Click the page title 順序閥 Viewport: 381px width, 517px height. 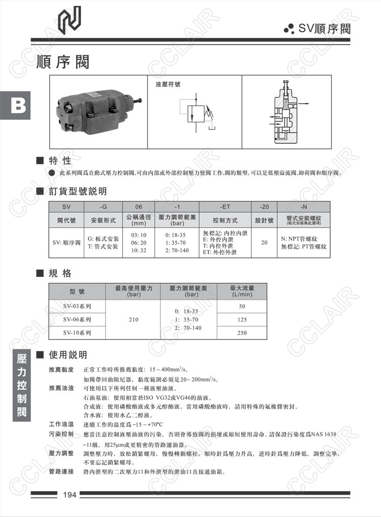[x=62, y=62]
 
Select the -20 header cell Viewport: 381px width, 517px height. [x=264, y=207]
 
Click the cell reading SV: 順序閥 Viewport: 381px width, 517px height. [x=67, y=242]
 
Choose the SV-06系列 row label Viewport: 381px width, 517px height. [x=77, y=319]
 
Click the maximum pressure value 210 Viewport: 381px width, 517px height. [x=133, y=319]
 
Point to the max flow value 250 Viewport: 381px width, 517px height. [x=242, y=333]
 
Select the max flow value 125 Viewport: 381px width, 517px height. [x=242, y=319]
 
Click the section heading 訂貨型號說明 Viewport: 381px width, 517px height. [x=78, y=191]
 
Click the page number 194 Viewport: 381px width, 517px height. [x=69, y=495]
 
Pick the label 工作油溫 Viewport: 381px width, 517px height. [x=61, y=425]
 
